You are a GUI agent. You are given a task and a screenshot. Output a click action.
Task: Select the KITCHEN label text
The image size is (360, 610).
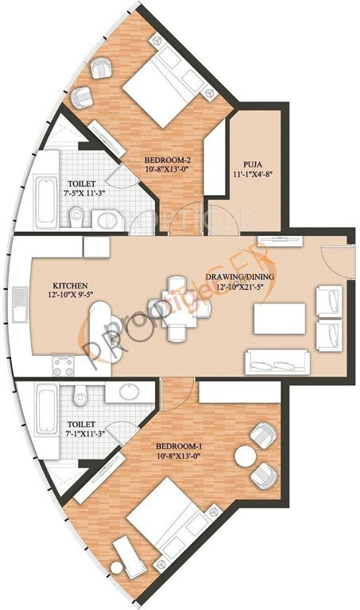[70, 284]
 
